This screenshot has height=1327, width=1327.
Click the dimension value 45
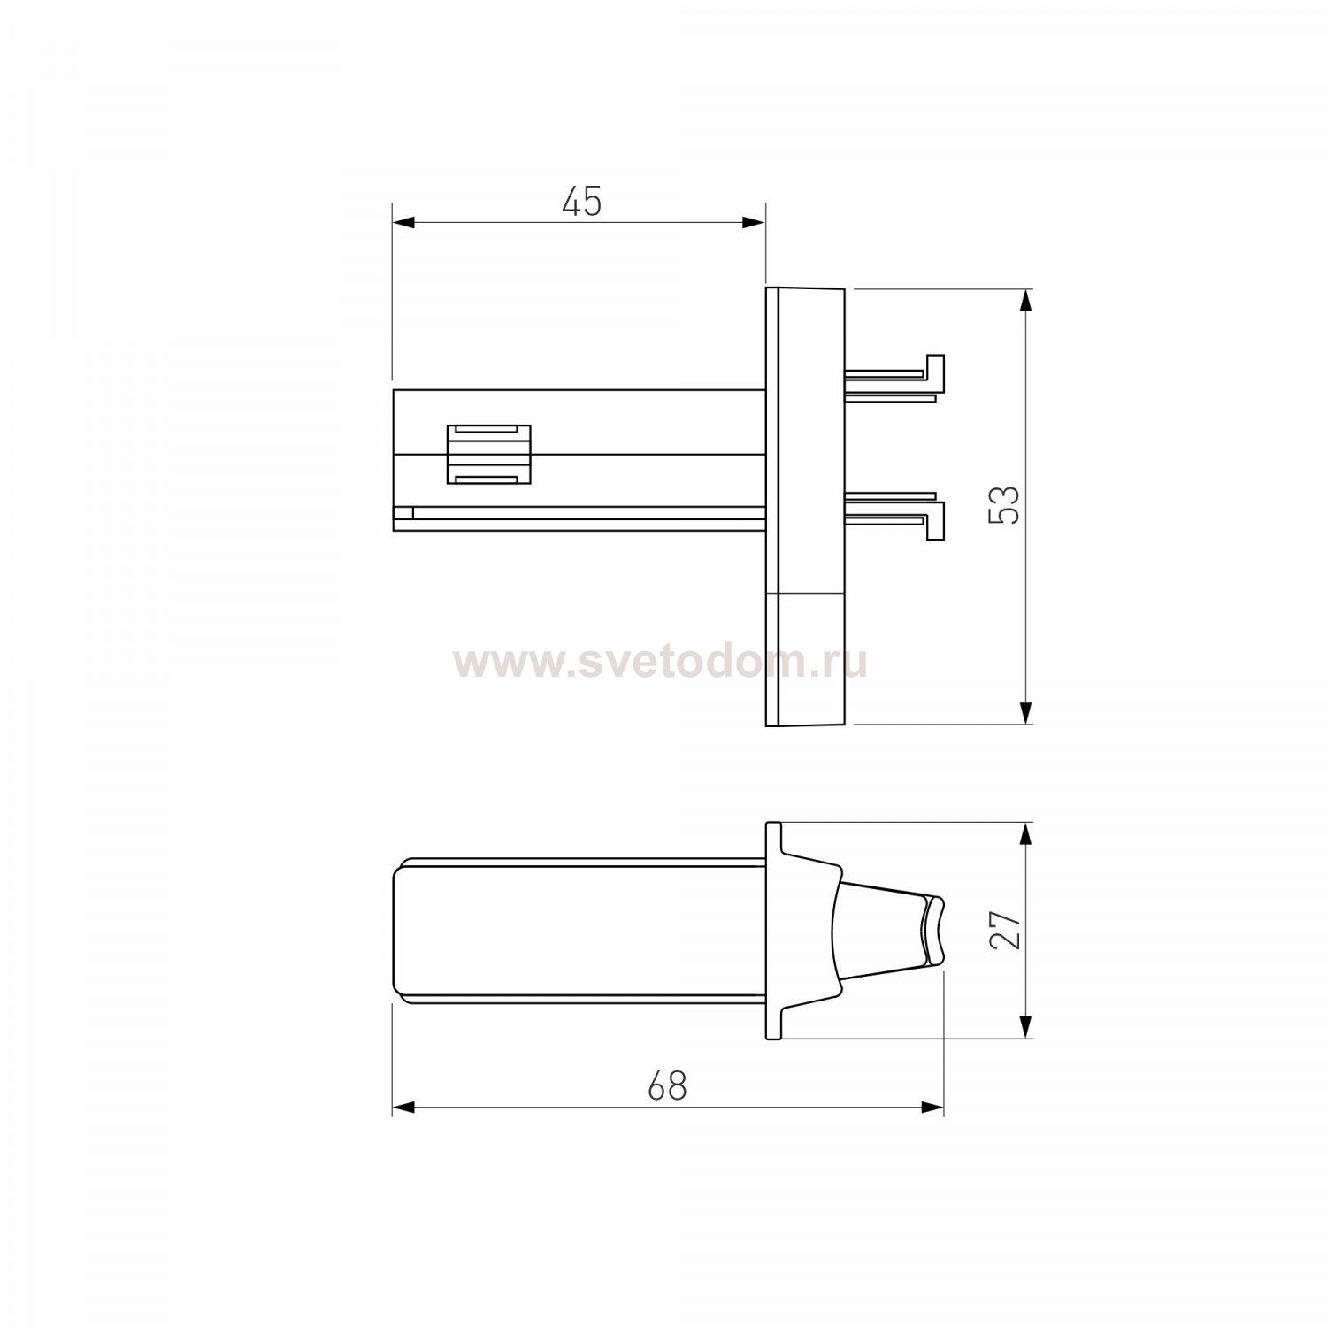pyautogui.click(x=581, y=203)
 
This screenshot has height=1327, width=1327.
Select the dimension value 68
pyautogui.click(x=667, y=1085)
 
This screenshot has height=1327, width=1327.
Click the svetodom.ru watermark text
pyautogui.click(x=661, y=662)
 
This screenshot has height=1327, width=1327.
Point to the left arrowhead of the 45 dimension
pyautogui.click(x=403, y=223)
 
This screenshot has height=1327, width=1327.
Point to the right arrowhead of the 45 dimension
pyautogui.click(x=754, y=223)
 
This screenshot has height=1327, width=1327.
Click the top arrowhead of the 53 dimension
pyautogui.click(x=1025, y=300)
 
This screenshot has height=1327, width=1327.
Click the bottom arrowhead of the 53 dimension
pyautogui.click(x=1025, y=713)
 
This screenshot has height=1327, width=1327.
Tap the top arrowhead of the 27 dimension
pyautogui.click(x=1025, y=834)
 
